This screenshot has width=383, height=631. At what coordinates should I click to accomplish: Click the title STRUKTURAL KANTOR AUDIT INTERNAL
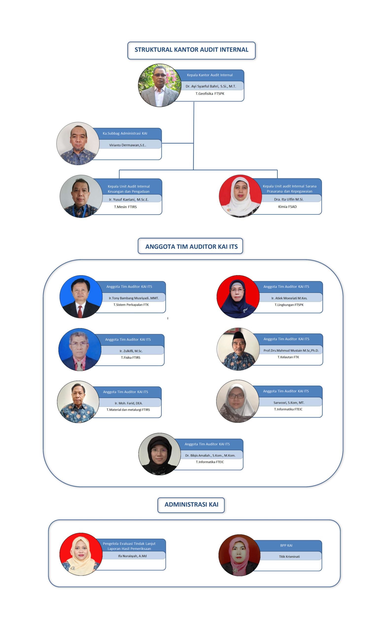(191, 50)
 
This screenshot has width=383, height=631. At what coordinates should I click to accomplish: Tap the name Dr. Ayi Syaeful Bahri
(210, 86)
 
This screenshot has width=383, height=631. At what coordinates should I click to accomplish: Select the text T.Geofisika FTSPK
(210, 93)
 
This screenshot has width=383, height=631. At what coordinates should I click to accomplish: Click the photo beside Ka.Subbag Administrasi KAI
(78, 143)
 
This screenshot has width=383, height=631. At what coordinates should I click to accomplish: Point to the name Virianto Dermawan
(127, 145)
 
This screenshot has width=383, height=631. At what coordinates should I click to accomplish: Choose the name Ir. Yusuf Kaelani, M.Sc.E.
(128, 199)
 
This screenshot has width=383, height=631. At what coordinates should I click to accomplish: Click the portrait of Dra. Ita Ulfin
(240, 196)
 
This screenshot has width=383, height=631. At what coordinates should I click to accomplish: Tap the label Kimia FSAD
(287, 206)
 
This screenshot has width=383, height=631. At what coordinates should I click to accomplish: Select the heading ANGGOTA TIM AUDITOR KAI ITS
(191, 246)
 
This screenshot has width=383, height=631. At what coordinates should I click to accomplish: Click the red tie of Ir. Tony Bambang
(80, 311)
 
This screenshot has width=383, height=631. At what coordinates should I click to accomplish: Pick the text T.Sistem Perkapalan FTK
(131, 304)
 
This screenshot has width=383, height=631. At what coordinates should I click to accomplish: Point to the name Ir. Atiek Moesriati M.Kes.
(289, 298)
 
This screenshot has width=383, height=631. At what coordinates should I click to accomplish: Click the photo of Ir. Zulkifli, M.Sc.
(80, 349)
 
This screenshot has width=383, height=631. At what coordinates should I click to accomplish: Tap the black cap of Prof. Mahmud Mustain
(238, 335)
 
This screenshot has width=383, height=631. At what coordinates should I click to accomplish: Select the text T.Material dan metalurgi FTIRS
(128, 409)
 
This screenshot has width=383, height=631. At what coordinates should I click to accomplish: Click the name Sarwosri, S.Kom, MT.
(289, 402)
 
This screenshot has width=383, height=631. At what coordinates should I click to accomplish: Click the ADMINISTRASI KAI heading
(191, 504)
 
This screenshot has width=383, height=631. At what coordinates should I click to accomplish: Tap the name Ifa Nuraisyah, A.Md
(132, 556)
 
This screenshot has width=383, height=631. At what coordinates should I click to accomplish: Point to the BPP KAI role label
(286, 545)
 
